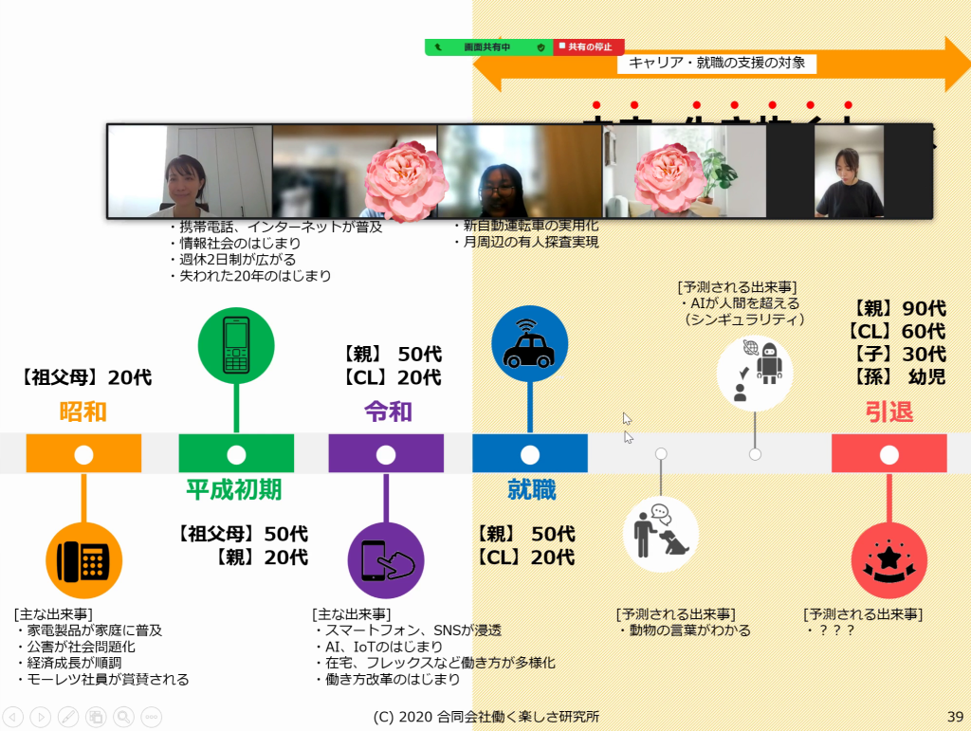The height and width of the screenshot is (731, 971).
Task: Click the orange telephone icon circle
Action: [x=83, y=559]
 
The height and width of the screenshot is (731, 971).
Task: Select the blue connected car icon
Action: [x=530, y=343]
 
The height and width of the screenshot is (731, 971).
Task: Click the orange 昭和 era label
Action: [x=83, y=411]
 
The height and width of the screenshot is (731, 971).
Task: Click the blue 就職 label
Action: [x=531, y=490]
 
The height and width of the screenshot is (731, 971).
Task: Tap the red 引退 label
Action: [x=889, y=411]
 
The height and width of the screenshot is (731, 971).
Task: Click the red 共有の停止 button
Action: [x=588, y=46]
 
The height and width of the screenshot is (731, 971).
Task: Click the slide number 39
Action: [x=955, y=716]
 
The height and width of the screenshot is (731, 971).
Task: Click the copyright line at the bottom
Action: [x=486, y=716]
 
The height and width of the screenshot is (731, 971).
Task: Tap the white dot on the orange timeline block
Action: [x=83, y=454]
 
